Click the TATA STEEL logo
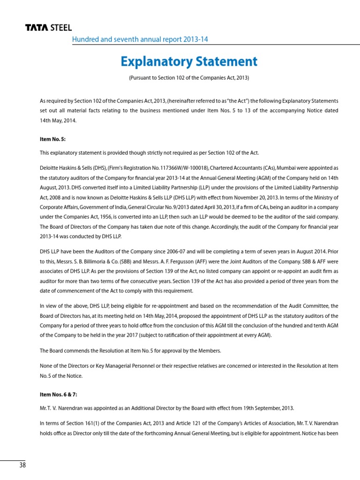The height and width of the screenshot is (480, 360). pyautogui.click(x=48, y=29)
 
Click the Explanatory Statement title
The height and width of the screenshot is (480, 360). pyautogui.click(x=188, y=61)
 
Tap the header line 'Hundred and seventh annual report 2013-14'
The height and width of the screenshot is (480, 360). pyautogui.click(x=140, y=39)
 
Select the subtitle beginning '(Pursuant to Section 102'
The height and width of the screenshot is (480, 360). pyautogui.click(x=188, y=77)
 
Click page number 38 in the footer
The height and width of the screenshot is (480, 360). pyautogui.click(x=22, y=465)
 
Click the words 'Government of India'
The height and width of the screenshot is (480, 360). pyautogui.click(x=101, y=207)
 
